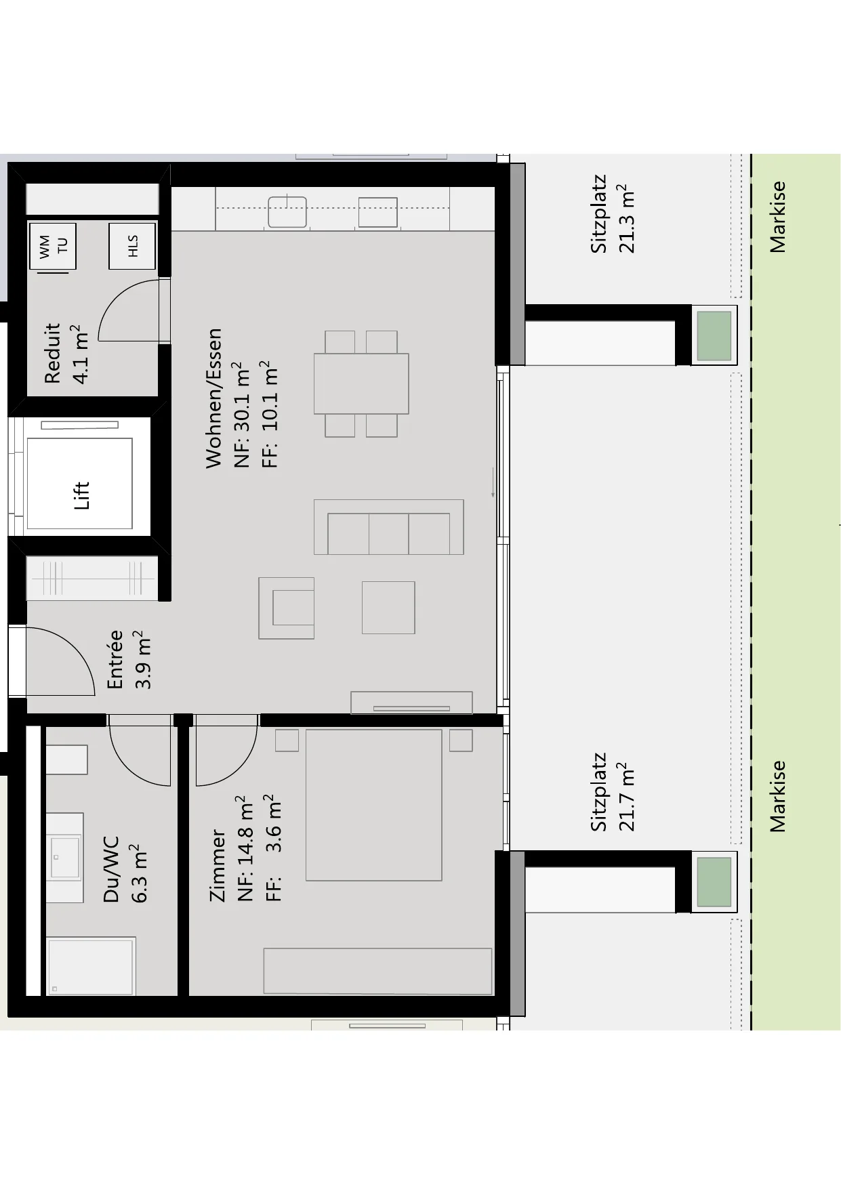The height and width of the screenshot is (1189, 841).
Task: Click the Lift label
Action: coord(81,495)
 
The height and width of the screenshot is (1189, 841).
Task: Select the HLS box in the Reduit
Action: coord(132,246)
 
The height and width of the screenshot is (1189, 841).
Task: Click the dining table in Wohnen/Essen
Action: coord(361,383)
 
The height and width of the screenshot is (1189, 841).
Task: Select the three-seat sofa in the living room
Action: coord(389,527)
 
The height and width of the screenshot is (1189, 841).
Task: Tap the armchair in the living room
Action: coord(287,608)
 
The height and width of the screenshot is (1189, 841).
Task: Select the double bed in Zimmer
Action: coord(373,805)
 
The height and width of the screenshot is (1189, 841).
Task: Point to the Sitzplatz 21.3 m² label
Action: coord(613,215)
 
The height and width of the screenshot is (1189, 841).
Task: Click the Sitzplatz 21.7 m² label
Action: coord(613,791)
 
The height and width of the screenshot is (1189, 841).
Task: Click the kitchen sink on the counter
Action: coord(287,211)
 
